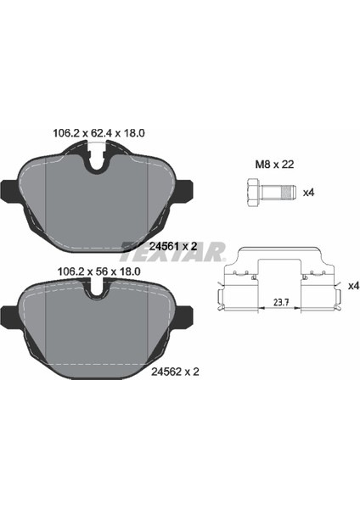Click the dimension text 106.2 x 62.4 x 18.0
coord(98,133)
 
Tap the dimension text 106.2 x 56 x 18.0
coord(98,271)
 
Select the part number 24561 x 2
coord(173,246)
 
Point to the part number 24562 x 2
coord(175,372)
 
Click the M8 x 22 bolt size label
coord(274,165)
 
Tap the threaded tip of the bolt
coord(289,193)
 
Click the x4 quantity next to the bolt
coord(309,193)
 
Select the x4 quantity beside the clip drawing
coord(353,286)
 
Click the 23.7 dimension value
coord(281,303)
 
